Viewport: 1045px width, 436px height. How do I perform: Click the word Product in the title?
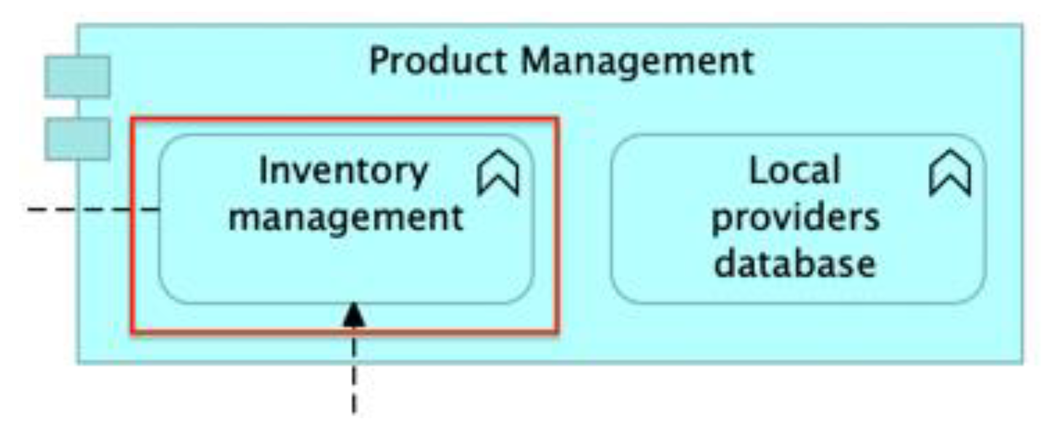437,61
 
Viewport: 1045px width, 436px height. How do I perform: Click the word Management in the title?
637,61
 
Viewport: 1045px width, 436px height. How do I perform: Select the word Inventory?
343,171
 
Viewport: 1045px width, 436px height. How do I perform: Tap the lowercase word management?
345,217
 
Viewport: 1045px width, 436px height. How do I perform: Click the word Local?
794,170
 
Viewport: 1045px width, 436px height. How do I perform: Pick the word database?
795,263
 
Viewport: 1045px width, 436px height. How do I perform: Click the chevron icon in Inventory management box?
498,173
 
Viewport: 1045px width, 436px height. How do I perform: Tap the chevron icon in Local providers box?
950,173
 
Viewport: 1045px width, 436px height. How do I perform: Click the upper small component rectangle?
77,77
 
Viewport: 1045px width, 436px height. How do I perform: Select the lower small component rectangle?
77,139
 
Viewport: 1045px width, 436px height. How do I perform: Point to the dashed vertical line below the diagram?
353,375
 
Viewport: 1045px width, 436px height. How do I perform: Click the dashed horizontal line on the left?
80,209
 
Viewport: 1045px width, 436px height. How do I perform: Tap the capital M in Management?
535,61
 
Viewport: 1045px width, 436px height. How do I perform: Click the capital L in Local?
757,170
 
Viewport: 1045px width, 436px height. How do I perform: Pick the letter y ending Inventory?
419,173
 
